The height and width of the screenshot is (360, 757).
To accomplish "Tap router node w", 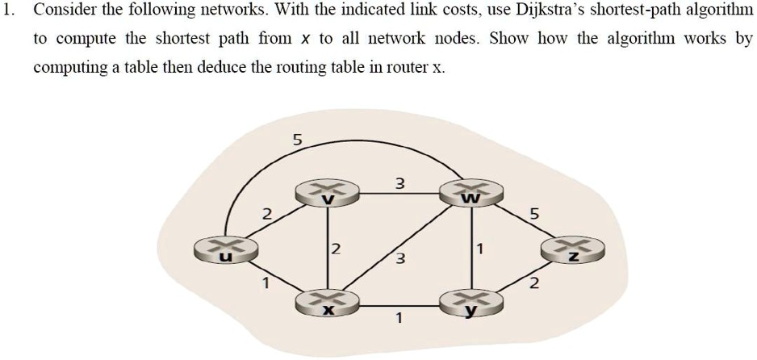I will (471, 192).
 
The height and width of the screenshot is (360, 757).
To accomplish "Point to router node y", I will (471, 303).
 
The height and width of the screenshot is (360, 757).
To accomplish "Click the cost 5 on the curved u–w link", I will (296, 140).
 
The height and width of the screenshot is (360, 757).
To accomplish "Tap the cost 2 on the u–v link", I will (267, 214).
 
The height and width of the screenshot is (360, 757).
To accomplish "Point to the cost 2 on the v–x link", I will (337, 247).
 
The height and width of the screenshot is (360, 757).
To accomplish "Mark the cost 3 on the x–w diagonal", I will (399, 259).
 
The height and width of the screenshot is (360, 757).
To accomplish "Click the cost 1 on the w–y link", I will (481, 249).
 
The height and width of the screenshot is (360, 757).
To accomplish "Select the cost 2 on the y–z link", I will (533, 284).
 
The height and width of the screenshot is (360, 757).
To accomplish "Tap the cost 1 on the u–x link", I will (262, 283).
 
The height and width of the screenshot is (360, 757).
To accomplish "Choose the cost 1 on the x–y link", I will (399, 318).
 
